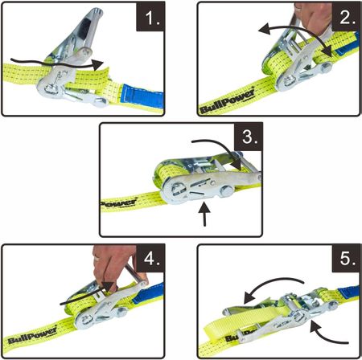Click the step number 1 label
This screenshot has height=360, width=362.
[x=152, y=18]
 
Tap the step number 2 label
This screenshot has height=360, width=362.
[x=348, y=18]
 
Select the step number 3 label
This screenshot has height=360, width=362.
[x=249, y=137]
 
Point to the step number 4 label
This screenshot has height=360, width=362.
[x=152, y=259]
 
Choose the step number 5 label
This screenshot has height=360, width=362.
[x=348, y=259]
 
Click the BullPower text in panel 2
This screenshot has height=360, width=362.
[x=228, y=101]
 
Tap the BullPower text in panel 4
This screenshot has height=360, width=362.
[x=32, y=335]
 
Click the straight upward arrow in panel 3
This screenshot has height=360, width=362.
[x=204, y=215]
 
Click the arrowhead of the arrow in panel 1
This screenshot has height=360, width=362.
[x=97, y=65]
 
